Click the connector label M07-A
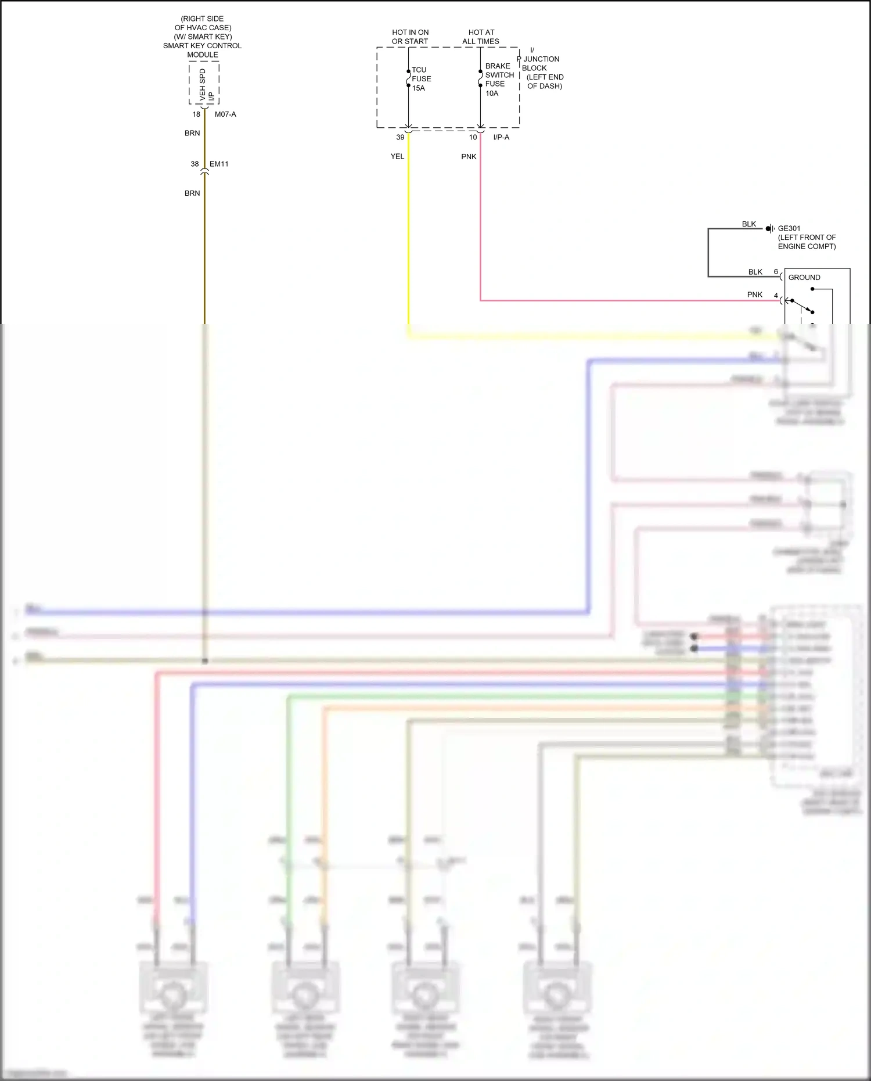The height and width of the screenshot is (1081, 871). [225, 114]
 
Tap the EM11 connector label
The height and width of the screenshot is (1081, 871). [219, 164]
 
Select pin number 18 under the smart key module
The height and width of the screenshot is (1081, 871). [196, 114]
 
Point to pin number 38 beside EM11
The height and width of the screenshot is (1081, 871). [195, 164]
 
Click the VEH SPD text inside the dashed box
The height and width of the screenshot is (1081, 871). [203, 84]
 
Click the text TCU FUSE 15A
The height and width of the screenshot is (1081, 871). [421, 79]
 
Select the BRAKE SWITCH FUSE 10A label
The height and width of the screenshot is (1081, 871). [499, 80]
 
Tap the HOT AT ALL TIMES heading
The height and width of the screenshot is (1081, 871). [481, 37]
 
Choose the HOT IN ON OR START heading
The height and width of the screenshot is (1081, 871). [410, 37]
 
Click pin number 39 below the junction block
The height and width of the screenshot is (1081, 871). [400, 138]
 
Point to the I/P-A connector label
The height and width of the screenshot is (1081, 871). [501, 138]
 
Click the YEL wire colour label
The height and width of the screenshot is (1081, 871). [397, 156]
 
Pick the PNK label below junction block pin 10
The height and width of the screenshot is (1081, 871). [469, 157]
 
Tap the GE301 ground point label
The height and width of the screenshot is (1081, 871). [789, 229]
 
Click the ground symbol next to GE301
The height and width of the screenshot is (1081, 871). [770, 229]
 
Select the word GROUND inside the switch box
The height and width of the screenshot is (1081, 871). [804, 278]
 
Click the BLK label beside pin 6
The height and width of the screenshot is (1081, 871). [755, 272]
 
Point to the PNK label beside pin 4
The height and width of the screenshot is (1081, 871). [754, 295]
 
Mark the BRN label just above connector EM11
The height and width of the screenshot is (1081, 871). [192, 134]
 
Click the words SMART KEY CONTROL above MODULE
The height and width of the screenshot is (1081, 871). [202, 46]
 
